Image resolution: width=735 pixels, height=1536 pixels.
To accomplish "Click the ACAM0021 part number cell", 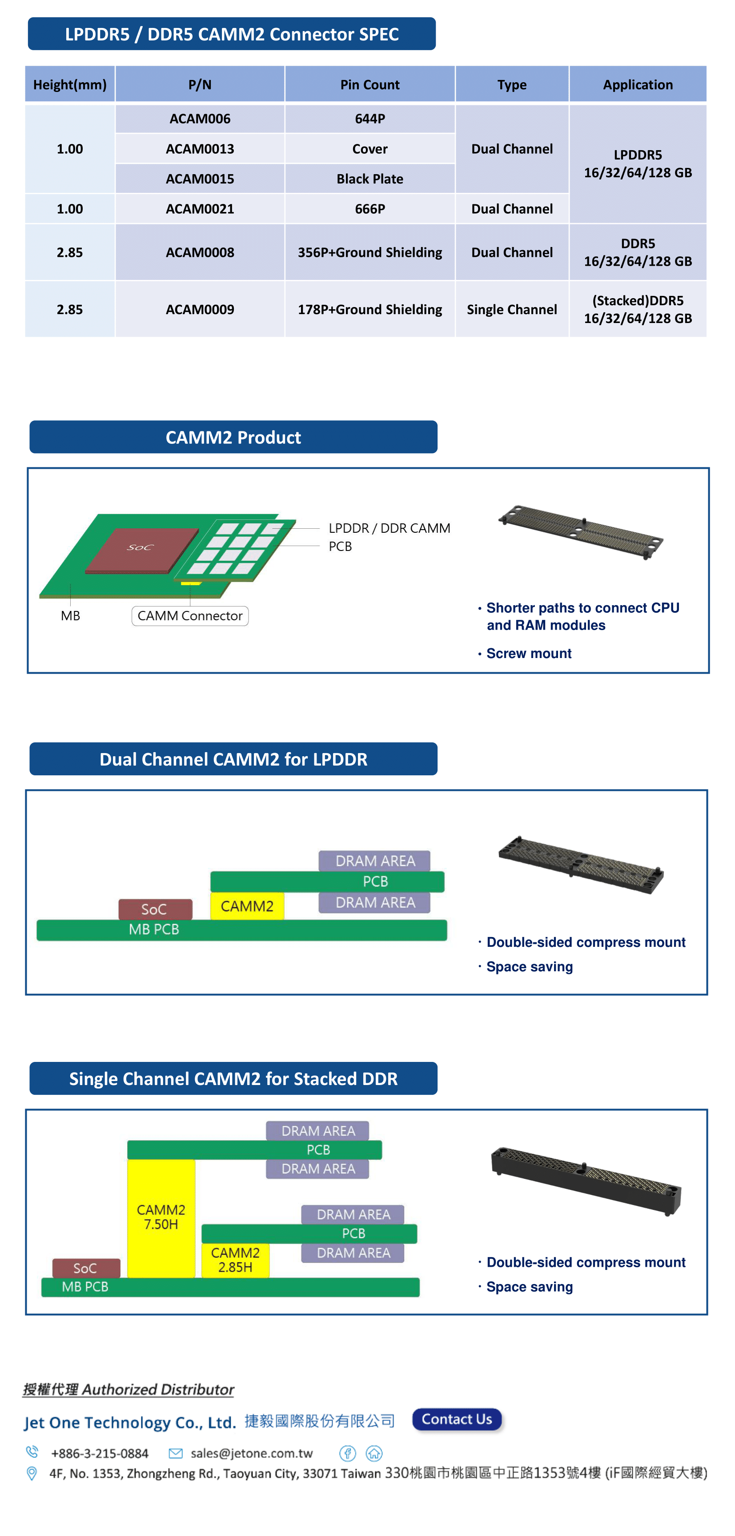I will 200,209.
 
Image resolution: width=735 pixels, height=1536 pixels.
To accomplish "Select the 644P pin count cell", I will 370,119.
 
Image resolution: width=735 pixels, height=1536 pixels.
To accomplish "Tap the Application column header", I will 637,85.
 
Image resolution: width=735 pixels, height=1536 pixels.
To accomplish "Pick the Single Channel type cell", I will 512,309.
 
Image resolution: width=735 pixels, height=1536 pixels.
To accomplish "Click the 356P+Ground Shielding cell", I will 370,252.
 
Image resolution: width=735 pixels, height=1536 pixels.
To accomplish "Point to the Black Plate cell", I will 370,179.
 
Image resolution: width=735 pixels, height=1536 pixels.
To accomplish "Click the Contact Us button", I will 457,1419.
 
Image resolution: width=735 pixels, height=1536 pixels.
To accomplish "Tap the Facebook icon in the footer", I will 347,1453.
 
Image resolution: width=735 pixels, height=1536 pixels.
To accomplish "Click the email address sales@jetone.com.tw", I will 251,1453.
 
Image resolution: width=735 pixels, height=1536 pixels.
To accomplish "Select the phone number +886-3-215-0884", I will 100,1453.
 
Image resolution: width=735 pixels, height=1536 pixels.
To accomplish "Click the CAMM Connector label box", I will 190,615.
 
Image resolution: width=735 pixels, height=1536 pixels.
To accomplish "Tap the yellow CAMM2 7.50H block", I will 161,1217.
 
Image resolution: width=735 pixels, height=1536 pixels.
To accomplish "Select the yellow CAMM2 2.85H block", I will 235,1259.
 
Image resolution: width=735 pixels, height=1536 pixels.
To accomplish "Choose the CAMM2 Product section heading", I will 233,437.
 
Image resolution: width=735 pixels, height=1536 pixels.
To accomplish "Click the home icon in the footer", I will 374,1453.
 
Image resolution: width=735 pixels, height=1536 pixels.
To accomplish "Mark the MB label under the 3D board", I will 70,615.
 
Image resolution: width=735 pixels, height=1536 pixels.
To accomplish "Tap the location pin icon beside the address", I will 32,1473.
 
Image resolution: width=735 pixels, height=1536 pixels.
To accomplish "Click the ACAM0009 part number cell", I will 200,309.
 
